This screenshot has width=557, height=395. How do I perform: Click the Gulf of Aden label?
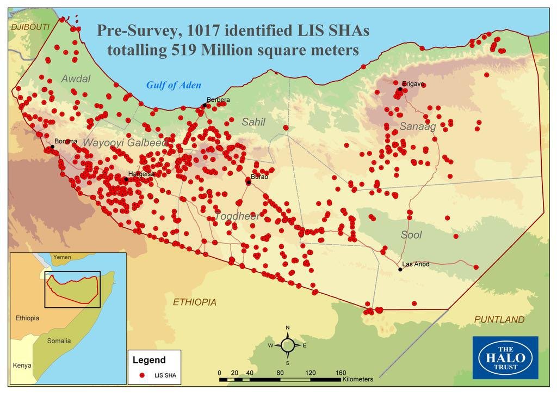click(x=174, y=85)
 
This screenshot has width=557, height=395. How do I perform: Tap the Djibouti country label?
click(x=29, y=27)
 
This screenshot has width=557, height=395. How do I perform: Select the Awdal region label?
click(x=76, y=78)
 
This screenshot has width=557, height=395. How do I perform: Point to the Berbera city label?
click(x=218, y=100)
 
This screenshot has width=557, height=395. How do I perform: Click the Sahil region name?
click(x=253, y=122)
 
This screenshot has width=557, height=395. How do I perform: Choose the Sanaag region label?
click(x=418, y=127)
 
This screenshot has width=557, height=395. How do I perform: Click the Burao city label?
click(x=259, y=177)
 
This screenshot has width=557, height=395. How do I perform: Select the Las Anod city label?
click(x=416, y=264)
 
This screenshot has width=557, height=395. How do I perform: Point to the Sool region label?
click(x=411, y=235)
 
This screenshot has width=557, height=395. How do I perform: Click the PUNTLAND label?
click(x=499, y=319)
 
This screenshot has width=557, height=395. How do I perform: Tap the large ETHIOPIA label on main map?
click(x=194, y=302)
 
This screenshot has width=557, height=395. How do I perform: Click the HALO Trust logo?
click(x=505, y=357)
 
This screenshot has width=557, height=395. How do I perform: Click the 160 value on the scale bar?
click(x=341, y=373)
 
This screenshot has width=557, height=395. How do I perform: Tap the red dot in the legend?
click(x=142, y=375)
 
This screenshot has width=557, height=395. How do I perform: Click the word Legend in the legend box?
click(x=149, y=360)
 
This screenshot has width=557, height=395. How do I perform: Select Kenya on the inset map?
click(x=22, y=365)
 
